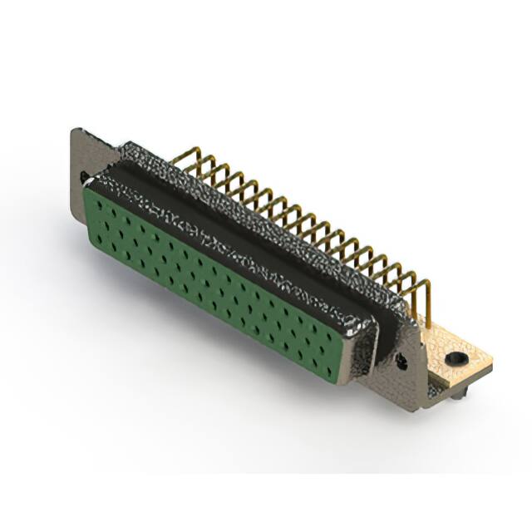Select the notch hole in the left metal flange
[x=85, y=177]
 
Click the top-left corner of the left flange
[x=76, y=131]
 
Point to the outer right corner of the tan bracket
[x=492, y=362]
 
